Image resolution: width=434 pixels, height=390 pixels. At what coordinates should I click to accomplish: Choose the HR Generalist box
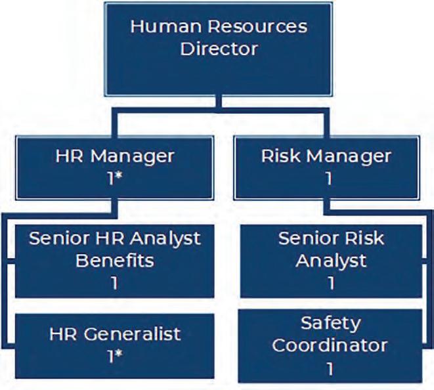pos(114,345)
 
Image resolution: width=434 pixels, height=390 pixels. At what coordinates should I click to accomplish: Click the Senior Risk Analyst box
pos(331,261)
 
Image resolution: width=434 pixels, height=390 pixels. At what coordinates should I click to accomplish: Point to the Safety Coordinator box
pos(331,347)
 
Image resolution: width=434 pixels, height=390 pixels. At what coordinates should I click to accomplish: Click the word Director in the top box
pos(219,49)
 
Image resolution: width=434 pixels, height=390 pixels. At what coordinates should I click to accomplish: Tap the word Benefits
pos(114,260)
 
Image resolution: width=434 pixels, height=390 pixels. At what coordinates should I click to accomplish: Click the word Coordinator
pos(330,346)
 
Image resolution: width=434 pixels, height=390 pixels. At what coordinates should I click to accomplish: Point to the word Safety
pos(331,324)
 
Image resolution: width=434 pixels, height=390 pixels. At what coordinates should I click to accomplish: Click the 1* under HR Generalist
pos(114,357)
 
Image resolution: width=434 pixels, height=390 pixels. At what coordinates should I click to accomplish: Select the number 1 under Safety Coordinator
pos(331,368)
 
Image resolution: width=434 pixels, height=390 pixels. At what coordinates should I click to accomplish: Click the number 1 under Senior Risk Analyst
pos(331,284)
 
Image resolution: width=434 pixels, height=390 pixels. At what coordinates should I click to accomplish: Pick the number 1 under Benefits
pos(114,283)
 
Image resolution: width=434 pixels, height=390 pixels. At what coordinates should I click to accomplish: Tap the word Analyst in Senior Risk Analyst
pos(331,261)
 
